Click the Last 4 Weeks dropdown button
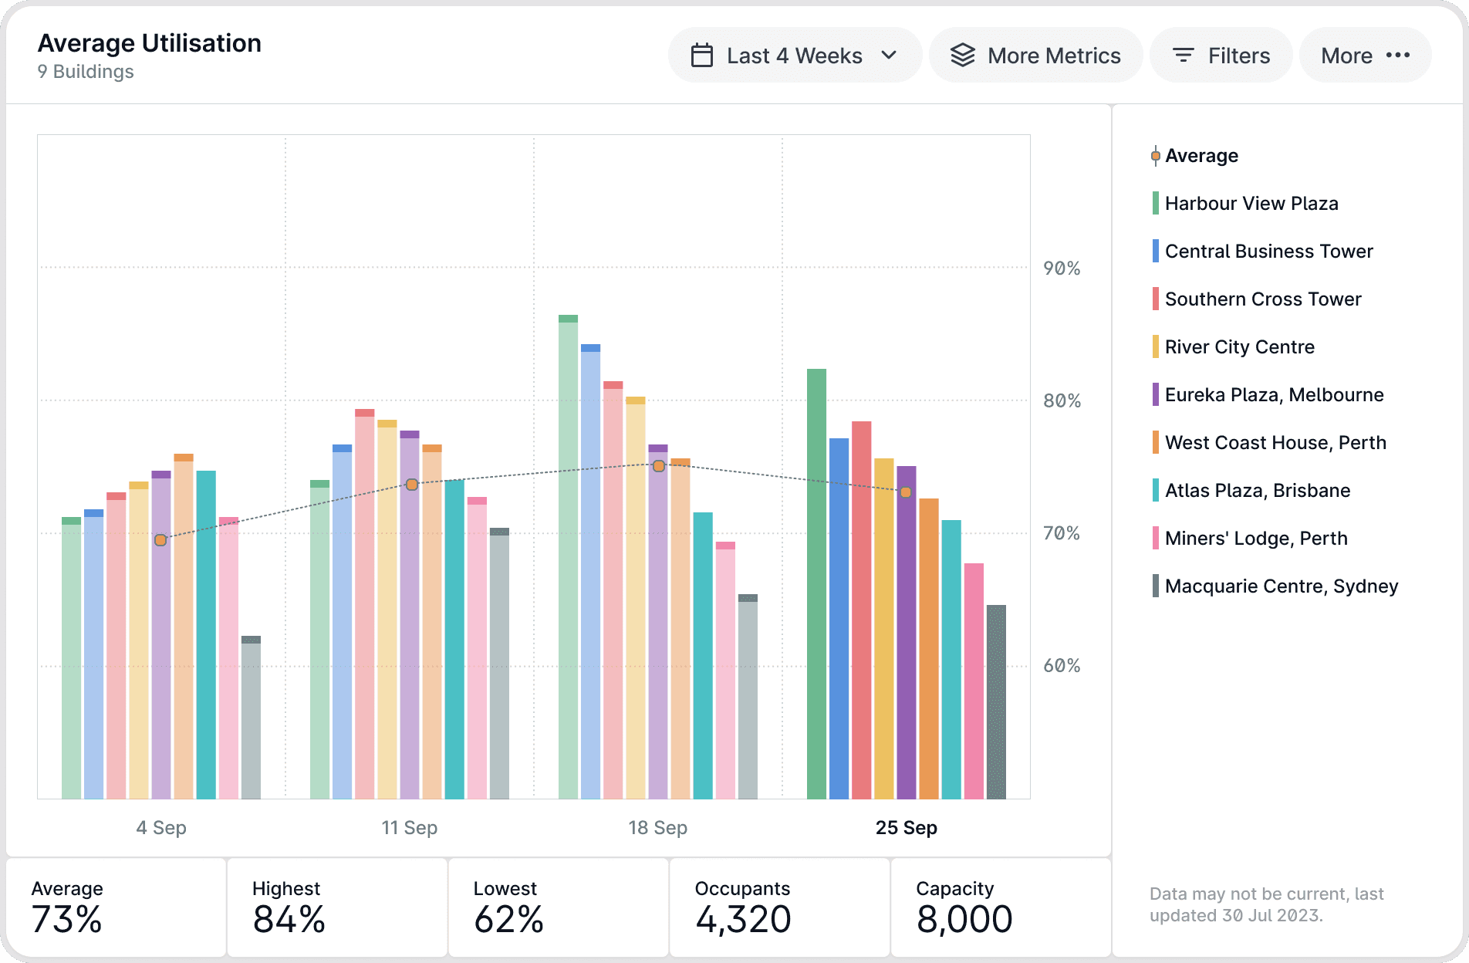pos(794,56)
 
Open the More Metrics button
pos(1035,56)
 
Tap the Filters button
pos(1221,56)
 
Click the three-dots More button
pos(1365,56)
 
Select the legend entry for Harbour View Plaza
pos(1251,204)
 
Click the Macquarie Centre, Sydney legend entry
pos(1281,586)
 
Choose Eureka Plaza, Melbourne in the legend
pos(1274,395)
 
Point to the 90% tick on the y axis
pos(1062,269)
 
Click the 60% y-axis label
pos(1062,666)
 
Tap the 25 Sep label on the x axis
pos(906,828)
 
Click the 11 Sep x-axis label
pos(409,828)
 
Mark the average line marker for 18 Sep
pos(659,466)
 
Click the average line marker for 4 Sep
pos(160,540)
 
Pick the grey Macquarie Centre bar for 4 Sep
pos(251,718)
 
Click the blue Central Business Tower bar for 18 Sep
pos(590,572)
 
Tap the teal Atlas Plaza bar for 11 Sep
pos(454,640)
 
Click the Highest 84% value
pos(289,919)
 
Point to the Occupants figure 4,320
pos(743,919)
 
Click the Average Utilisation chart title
pos(150,43)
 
